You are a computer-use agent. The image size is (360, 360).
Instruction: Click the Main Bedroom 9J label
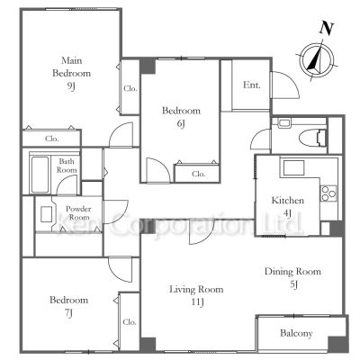tap(71, 74)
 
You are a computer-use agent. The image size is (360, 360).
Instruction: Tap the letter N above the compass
tap(327, 29)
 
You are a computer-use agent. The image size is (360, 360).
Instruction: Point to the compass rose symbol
tap(318, 60)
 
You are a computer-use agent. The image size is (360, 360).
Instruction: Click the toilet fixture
tap(312, 138)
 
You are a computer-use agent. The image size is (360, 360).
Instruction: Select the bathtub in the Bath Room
tap(40, 175)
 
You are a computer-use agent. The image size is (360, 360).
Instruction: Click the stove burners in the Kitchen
tap(328, 193)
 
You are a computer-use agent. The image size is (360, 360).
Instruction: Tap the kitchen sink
tap(293, 168)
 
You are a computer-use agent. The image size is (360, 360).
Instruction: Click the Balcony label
tap(296, 333)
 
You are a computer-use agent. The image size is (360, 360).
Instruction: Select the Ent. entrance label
tap(251, 85)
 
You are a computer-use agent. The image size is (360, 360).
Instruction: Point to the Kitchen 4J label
tap(287, 206)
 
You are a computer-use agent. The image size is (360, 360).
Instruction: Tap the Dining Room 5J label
tap(292, 277)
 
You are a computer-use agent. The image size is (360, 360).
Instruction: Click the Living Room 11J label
tap(196, 295)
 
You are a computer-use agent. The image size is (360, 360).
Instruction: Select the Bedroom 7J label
tap(68, 306)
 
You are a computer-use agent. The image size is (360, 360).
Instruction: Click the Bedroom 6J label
tap(181, 117)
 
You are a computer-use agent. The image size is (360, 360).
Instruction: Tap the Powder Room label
tap(78, 213)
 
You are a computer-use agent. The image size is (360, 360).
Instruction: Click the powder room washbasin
tap(46, 214)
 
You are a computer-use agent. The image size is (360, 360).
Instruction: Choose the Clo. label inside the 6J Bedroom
tap(198, 174)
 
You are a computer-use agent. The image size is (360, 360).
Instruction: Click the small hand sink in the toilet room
tap(283, 123)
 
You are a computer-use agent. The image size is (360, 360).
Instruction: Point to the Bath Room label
tap(67, 166)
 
